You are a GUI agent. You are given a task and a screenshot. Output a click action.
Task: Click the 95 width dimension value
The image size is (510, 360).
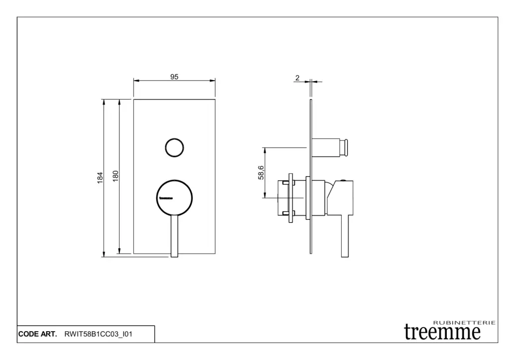174,77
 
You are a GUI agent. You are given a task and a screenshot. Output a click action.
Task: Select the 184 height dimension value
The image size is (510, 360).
100,178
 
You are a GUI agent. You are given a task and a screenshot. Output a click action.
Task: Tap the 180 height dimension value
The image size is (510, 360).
116,176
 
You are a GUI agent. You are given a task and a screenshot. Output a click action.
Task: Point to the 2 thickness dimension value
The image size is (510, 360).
297,78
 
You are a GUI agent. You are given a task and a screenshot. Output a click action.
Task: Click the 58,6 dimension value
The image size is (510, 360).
261,173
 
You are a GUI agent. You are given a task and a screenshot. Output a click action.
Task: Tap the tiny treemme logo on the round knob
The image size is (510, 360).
166,198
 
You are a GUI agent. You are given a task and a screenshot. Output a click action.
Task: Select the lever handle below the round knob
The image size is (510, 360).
174,236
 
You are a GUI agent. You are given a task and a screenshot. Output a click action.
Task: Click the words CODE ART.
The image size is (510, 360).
37,334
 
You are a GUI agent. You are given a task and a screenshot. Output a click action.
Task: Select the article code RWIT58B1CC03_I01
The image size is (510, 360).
98,334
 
